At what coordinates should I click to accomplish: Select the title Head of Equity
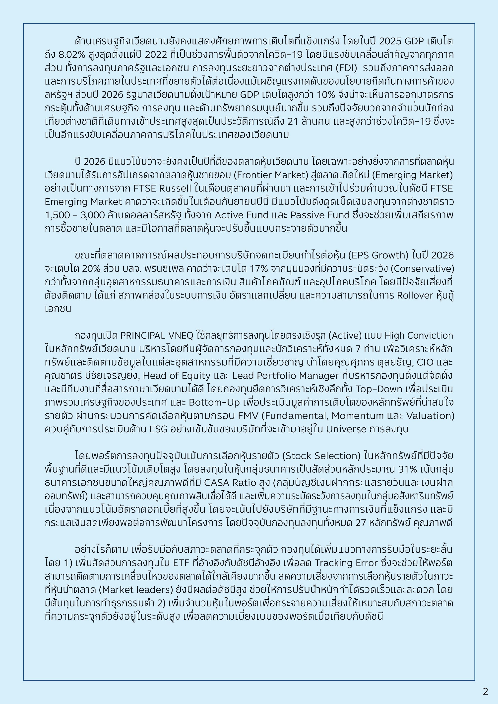(177, 376)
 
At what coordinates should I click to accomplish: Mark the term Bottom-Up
(214, 402)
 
